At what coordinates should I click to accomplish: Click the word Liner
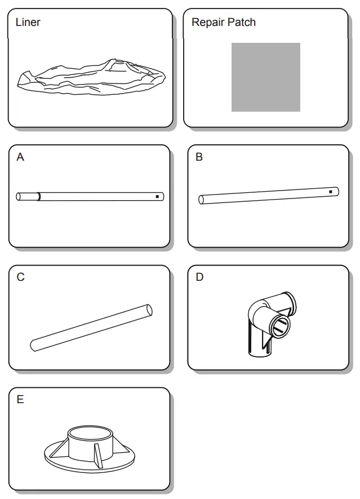coord(28,23)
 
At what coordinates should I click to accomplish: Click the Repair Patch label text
coord(223,23)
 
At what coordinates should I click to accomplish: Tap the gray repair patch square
coord(265,77)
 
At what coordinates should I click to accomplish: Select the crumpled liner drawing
coord(91,79)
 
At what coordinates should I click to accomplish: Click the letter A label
coord(20,157)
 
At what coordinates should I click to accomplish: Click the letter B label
coord(199,157)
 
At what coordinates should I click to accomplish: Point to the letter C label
coord(20,277)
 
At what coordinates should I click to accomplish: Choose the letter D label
coord(199,277)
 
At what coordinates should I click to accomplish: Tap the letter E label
coord(20,400)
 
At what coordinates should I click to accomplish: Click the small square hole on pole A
coord(157,197)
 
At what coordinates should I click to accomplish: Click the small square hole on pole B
coord(330,192)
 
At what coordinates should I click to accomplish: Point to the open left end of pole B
coord(202,199)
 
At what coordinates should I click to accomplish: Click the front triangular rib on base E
coord(98,454)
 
